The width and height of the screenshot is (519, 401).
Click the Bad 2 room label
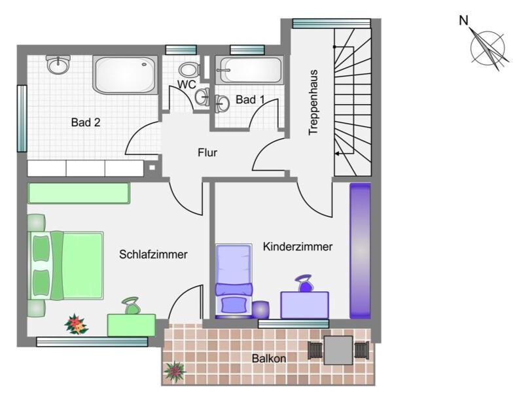(x=86, y=122)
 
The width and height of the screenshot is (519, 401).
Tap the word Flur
(x=207, y=153)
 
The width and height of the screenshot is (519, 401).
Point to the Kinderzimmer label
(x=298, y=247)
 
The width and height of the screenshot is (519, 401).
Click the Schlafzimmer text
(x=154, y=254)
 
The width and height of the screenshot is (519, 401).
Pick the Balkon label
(x=269, y=358)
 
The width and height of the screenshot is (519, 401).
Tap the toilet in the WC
(x=188, y=70)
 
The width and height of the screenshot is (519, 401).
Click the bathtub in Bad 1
(x=250, y=68)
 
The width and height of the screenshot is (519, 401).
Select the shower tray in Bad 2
(x=126, y=74)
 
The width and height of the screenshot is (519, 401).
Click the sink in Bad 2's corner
(x=58, y=63)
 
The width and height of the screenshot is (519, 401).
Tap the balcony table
(x=338, y=350)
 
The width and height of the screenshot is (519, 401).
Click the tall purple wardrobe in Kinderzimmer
(x=360, y=251)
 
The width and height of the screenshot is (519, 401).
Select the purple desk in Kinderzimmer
(x=304, y=304)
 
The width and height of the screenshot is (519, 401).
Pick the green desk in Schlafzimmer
(x=132, y=324)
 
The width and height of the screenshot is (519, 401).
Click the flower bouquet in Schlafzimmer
(x=76, y=324)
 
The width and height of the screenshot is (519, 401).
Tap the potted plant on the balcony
(x=175, y=372)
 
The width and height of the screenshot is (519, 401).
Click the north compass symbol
(x=488, y=47)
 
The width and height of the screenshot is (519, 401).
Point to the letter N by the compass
(x=463, y=21)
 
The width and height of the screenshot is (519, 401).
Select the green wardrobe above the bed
(x=79, y=193)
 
